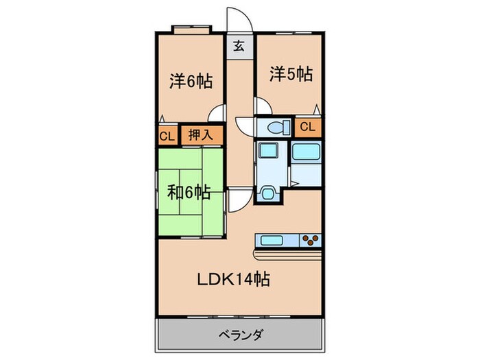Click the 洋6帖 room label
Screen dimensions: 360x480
pos(191,82)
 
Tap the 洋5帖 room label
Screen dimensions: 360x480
pos(291,73)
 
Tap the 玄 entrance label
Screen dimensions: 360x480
pos(239,47)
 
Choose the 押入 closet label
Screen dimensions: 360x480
pos(202,135)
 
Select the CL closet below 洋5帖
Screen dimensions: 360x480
pos(307,126)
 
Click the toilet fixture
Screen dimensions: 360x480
pos(276,127)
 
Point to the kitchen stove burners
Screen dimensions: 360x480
pos(311,240)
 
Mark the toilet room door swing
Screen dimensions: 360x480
pos(245,127)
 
